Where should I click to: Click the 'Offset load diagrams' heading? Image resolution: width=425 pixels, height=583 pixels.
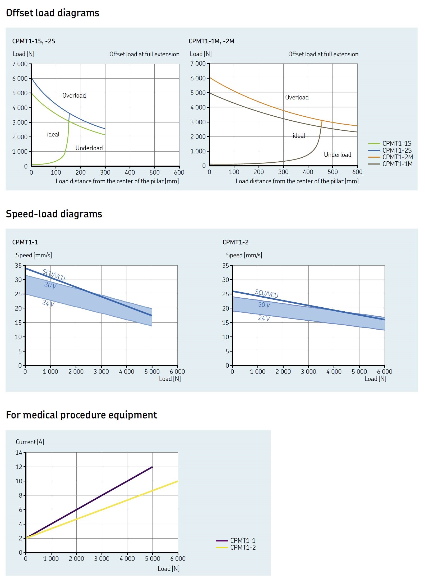pyautogui.click(x=52, y=13)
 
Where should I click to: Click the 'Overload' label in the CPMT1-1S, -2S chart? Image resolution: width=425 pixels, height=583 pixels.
pyautogui.click(x=74, y=95)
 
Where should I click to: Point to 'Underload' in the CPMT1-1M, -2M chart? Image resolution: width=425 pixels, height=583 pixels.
pyautogui.click(x=338, y=155)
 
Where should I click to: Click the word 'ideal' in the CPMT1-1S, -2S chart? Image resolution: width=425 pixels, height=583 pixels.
pyautogui.click(x=53, y=134)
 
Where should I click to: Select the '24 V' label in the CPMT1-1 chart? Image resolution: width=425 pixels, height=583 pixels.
pyautogui.click(x=48, y=303)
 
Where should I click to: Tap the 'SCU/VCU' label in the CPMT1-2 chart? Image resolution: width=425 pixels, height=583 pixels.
pyautogui.click(x=267, y=294)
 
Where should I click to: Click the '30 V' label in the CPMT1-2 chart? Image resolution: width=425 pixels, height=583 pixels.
pyautogui.click(x=264, y=305)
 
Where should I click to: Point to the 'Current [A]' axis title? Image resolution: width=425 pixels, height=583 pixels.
pyautogui.click(x=30, y=442)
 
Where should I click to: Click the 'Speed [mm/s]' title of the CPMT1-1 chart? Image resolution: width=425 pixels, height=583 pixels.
pyautogui.click(x=34, y=255)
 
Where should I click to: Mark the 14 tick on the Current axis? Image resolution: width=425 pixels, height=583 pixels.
pyautogui.click(x=19, y=453)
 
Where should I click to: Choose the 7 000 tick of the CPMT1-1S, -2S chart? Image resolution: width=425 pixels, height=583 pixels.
pyautogui.click(x=20, y=64)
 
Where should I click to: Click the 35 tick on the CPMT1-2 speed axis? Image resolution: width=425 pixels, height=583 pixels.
pyautogui.click(x=225, y=265)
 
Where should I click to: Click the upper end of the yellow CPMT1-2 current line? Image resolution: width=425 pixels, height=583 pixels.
pyautogui.click(x=178, y=481)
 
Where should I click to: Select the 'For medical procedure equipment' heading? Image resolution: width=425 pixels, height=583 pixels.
pyautogui.click(x=81, y=415)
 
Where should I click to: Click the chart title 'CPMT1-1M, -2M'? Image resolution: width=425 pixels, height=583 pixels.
pyautogui.click(x=211, y=41)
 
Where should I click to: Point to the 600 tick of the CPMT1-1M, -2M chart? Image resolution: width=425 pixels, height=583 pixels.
pyautogui.click(x=357, y=172)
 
